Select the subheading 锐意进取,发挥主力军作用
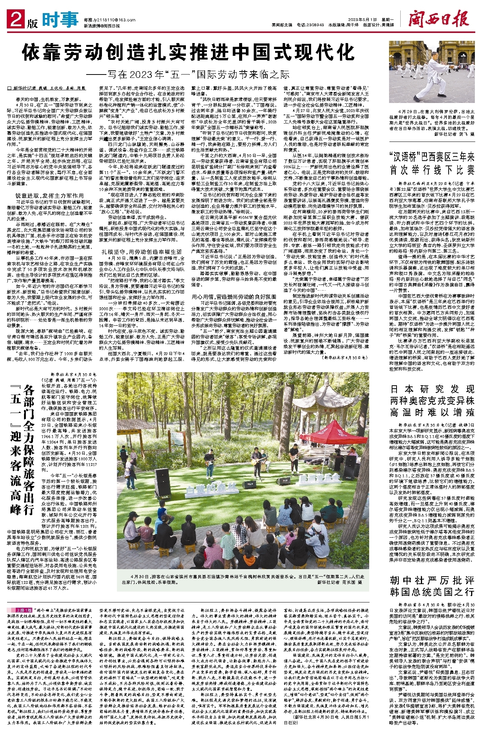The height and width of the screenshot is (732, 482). click(x=49, y=195)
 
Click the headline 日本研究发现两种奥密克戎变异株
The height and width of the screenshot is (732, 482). click(x=432, y=400)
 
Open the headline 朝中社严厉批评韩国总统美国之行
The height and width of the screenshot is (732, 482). click(x=432, y=586)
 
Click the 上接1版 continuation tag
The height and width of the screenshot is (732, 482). click(x=24, y=610)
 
